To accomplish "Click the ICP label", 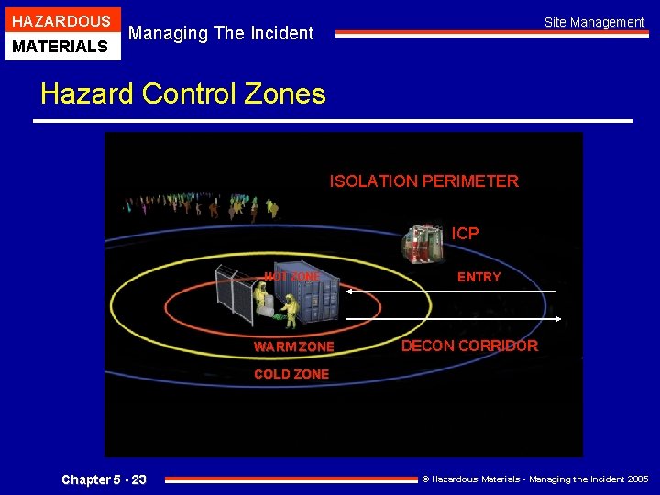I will click(465, 234).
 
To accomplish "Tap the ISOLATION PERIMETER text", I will click(423, 181).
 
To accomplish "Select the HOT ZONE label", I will click(291, 277).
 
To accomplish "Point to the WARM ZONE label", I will click(293, 346).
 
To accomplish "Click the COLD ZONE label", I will click(291, 374).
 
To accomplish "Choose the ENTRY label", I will click(478, 277).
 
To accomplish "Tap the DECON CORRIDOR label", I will click(469, 346).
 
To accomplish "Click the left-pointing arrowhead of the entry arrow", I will click(350, 291).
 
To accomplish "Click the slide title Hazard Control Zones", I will click(183, 93).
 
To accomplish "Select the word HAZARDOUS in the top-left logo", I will click(60, 21).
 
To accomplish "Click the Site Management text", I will click(594, 22).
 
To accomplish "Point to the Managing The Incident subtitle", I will click(221, 34).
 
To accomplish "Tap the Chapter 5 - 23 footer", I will click(104, 479).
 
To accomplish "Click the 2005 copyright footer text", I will click(534, 479).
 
